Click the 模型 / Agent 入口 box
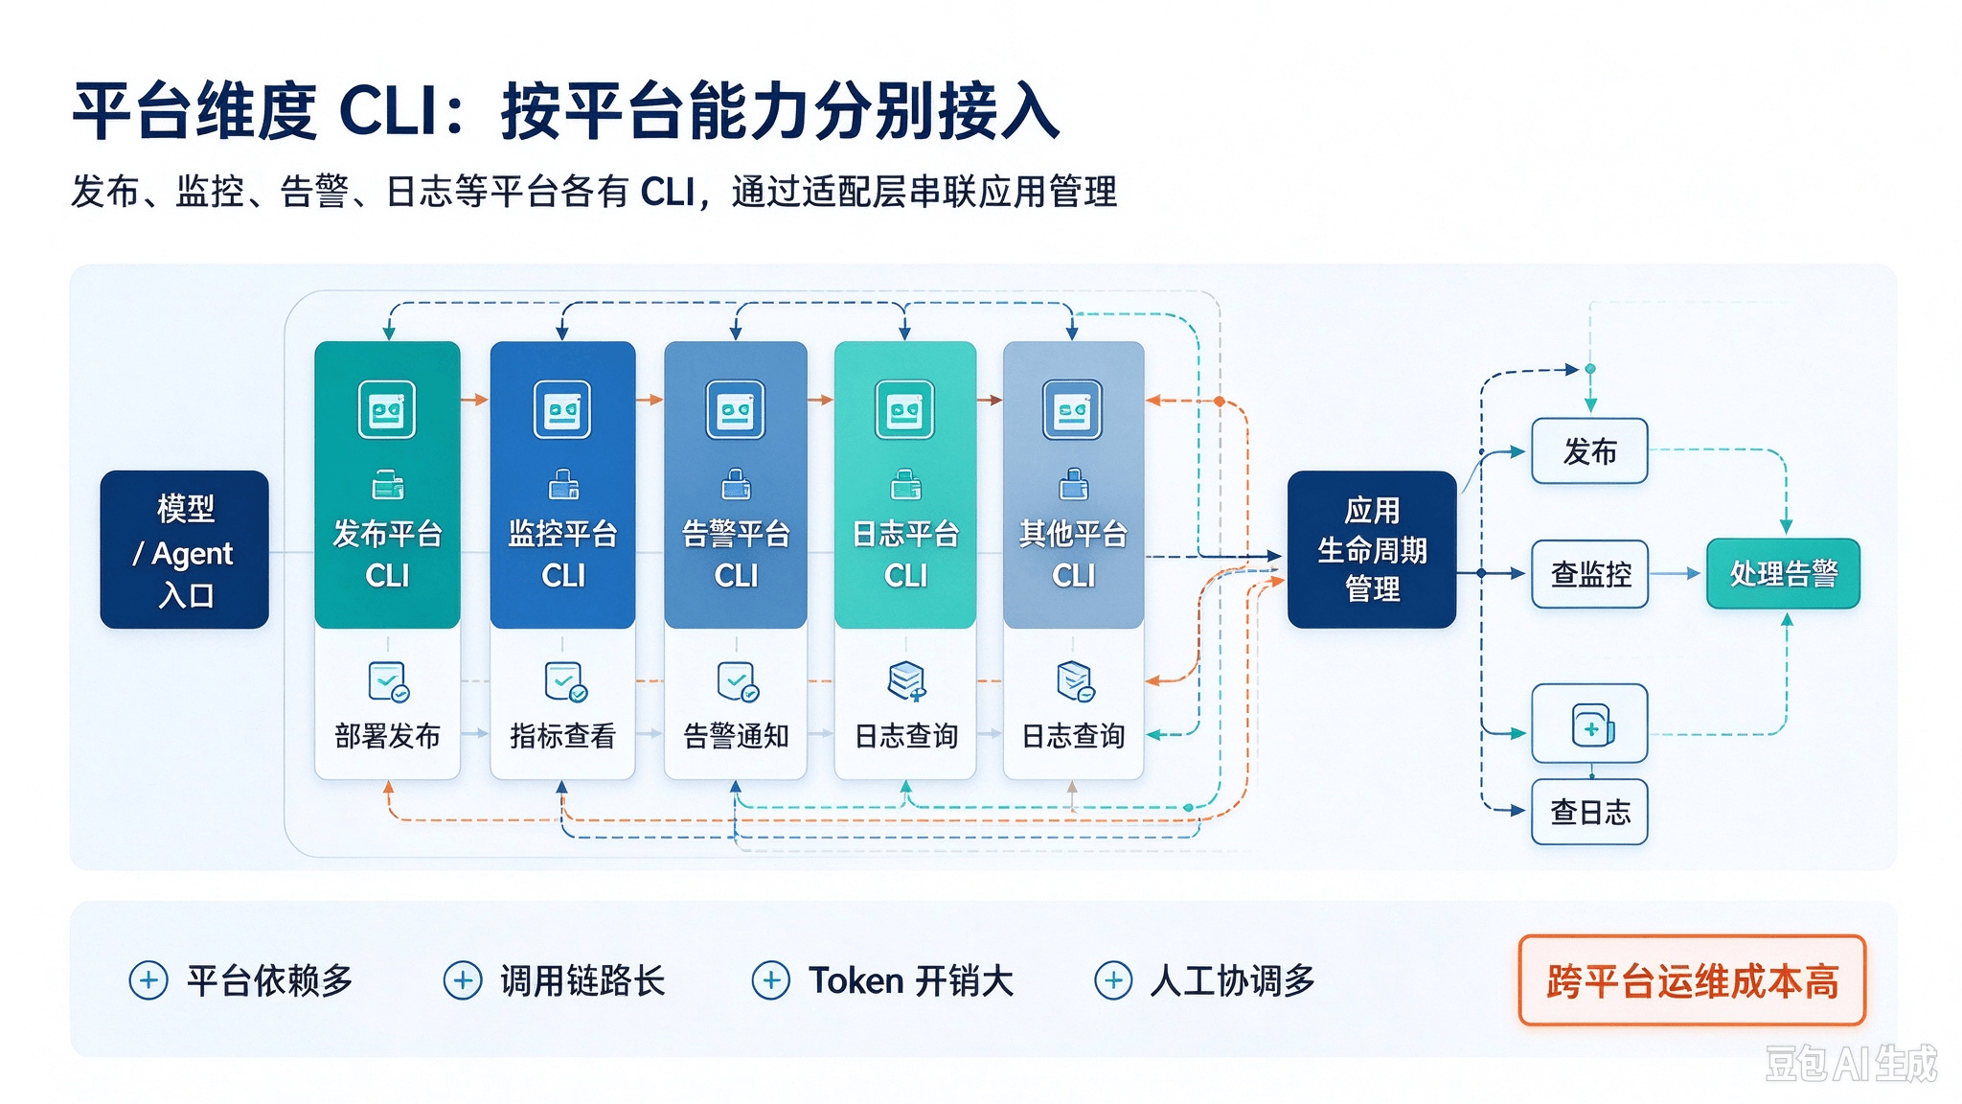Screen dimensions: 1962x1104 185,550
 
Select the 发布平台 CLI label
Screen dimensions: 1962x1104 387,554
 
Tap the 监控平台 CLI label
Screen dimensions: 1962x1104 562,554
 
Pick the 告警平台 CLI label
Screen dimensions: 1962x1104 736,554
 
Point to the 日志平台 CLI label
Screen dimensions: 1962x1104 905,554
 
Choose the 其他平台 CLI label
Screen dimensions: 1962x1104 1073,554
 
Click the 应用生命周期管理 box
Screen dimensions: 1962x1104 1372,550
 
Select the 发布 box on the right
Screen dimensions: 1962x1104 1590,451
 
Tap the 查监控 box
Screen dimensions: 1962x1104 1590,574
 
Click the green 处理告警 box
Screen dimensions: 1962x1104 1783,574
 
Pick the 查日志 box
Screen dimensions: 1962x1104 1590,813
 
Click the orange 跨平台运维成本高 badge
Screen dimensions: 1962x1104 1692,981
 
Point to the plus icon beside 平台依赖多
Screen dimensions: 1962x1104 148,980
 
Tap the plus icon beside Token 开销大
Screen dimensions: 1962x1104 771,980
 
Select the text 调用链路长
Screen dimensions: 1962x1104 582,980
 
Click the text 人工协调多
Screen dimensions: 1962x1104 1232,980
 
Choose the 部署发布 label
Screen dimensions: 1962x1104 387,736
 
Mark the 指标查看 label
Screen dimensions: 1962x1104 562,736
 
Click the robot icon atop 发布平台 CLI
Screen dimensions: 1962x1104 387,409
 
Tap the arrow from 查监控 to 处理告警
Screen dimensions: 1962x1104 1677,574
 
